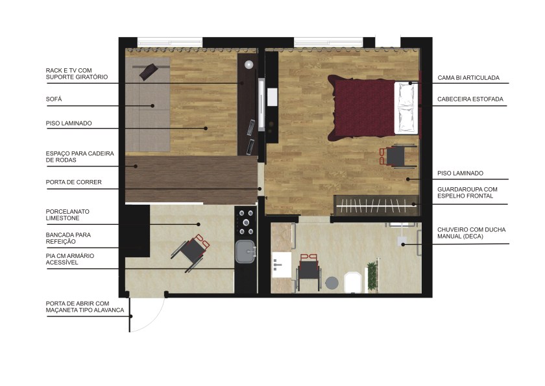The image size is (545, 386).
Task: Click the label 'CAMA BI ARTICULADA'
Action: coord(468,77)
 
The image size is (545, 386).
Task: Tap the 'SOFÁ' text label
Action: coord(54,99)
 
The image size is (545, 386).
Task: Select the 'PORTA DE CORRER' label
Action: coord(74,182)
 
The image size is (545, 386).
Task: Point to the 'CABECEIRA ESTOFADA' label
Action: coord(470,99)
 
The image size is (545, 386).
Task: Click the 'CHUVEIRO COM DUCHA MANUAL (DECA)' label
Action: coord(471,233)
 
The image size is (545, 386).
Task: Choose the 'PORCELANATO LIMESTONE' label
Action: coord(67,214)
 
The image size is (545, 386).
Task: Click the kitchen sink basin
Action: coord(245,251)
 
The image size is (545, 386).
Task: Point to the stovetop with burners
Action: coord(246,222)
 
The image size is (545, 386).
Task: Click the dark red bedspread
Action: coord(361,108)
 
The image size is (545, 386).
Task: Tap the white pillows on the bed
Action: coord(406,107)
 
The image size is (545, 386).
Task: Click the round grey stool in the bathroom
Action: coord(332,283)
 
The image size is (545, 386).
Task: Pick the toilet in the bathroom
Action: coord(353,281)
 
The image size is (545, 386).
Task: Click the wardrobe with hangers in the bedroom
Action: coord(376,205)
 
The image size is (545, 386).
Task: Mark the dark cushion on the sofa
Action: coord(149,72)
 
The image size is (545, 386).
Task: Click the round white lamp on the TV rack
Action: coord(248,64)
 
